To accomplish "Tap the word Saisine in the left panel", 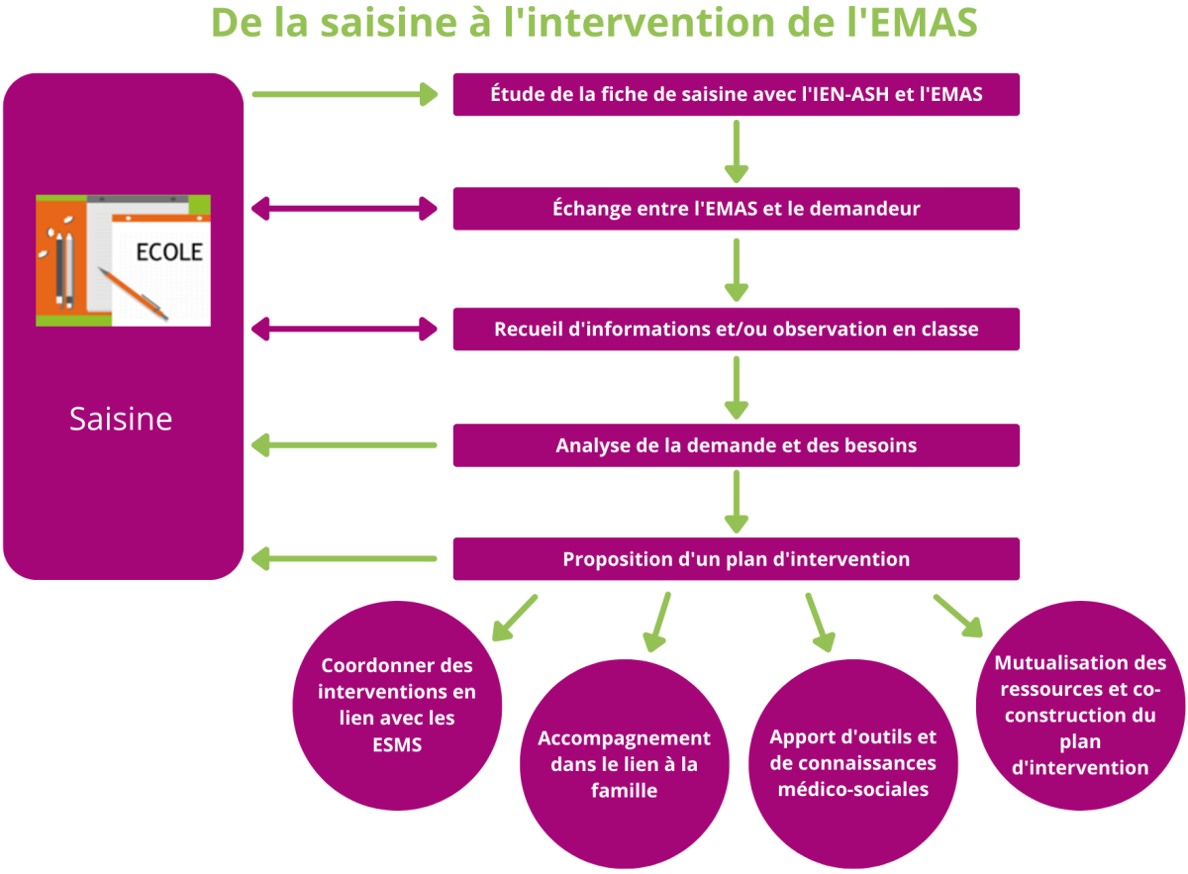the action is click(121, 419).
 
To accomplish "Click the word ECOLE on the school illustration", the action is click(169, 252).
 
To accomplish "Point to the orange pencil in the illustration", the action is click(133, 294).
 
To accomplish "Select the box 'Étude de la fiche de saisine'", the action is click(737, 94).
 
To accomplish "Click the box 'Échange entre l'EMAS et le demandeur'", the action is click(737, 209).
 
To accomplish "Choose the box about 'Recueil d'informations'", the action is click(737, 329).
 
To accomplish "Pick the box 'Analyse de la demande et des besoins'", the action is click(737, 445).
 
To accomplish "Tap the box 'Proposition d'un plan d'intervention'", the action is click(737, 559).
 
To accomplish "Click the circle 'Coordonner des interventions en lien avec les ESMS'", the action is click(397, 706).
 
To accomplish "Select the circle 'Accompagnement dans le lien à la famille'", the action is click(625, 764).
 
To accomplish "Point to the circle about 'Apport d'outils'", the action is click(852, 764).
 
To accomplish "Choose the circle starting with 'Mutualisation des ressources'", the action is click(1080, 706).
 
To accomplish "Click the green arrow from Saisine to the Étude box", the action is click(346, 94).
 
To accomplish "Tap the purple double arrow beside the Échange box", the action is click(345, 209).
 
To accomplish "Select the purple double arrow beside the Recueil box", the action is click(345, 329).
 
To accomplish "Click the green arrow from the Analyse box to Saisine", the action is click(345, 445).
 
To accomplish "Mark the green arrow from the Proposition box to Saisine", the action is click(345, 559).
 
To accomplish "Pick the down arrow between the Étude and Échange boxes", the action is click(737, 151).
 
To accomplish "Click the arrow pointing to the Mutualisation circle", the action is click(958, 616).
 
